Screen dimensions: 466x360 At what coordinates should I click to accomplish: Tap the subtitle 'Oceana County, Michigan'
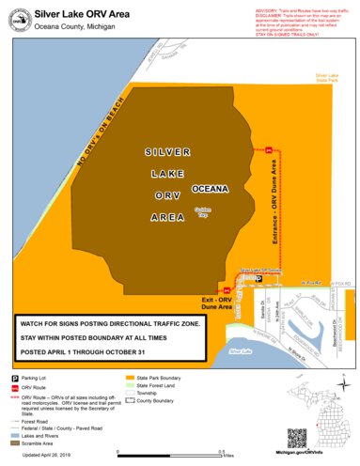coord(74,28)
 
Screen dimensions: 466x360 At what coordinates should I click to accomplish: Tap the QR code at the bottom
coord(297,438)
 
